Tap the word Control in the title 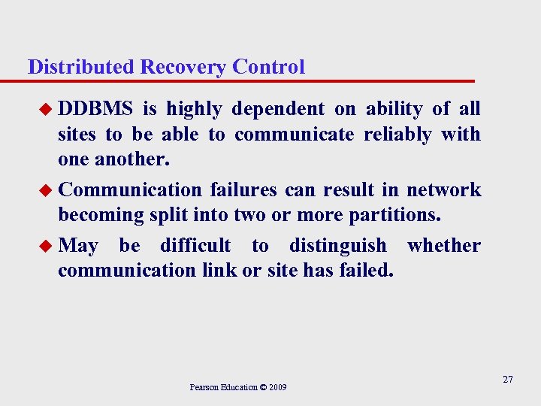click(x=268, y=67)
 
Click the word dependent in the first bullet click(x=278, y=110)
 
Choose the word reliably click(x=397, y=135)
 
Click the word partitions click(x=394, y=216)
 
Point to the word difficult click(x=195, y=246)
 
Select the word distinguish click(x=337, y=246)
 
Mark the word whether click(x=443, y=246)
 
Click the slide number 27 click(x=507, y=380)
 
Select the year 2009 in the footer click(x=276, y=388)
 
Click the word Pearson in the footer click(x=204, y=388)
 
